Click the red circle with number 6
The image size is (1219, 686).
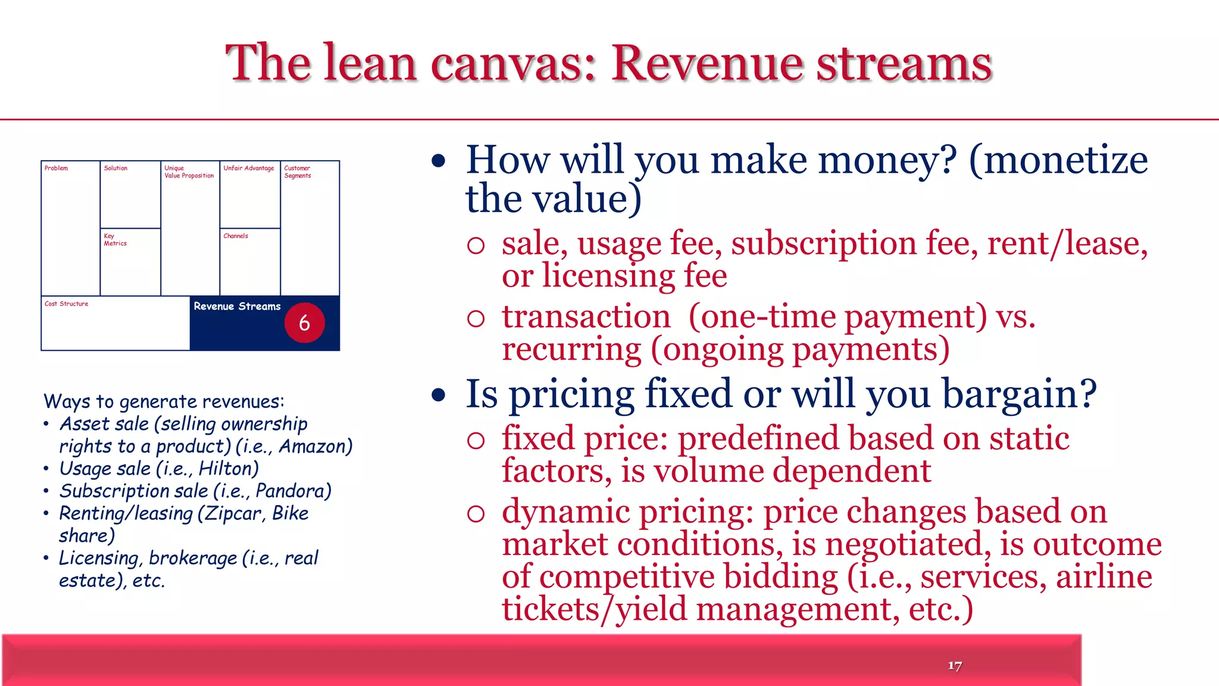(x=304, y=323)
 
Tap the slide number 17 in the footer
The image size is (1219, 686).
(x=955, y=666)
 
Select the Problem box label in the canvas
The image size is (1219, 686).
(x=56, y=169)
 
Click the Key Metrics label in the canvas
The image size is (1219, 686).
(x=115, y=239)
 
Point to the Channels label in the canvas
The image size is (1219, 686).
(x=236, y=236)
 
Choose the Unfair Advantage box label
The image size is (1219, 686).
(x=249, y=169)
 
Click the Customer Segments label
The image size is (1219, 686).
(x=298, y=172)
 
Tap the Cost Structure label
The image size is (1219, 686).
(x=66, y=304)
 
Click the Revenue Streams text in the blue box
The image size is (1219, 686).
(x=237, y=306)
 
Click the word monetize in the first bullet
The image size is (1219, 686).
(x=1065, y=161)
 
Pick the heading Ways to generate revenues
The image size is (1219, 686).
(x=164, y=401)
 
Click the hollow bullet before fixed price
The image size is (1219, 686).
(x=476, y=440)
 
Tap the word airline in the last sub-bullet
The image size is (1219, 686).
(x=1104, y=577)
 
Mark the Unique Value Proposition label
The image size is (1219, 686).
(x=189, y=172)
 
